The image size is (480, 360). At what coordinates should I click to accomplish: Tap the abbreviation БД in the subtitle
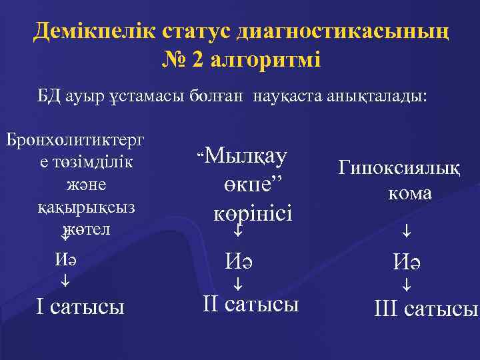point(51,97)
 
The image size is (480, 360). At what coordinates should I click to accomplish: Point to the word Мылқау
point(246,157)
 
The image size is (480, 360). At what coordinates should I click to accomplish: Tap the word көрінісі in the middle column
point(253,214)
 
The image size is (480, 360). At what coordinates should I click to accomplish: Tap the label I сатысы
point(80,307)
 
